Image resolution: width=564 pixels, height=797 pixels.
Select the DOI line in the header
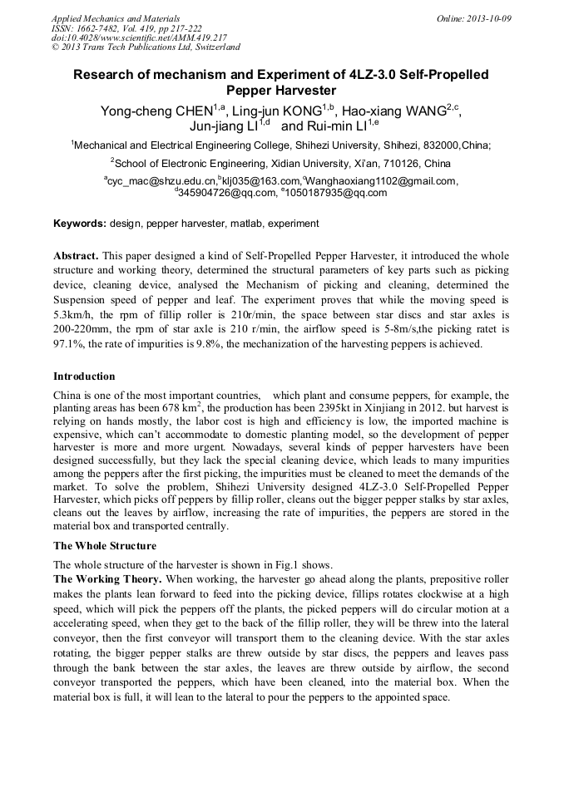coord(139,37)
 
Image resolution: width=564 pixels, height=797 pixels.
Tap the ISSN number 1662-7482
coord(102,28)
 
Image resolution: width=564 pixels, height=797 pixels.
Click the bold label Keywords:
coord(80,224)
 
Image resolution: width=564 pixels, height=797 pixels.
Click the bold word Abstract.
coord(76,256)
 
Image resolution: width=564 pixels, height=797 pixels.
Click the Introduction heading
coord(84,376)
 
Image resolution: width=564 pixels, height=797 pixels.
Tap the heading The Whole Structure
coord(105,546)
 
